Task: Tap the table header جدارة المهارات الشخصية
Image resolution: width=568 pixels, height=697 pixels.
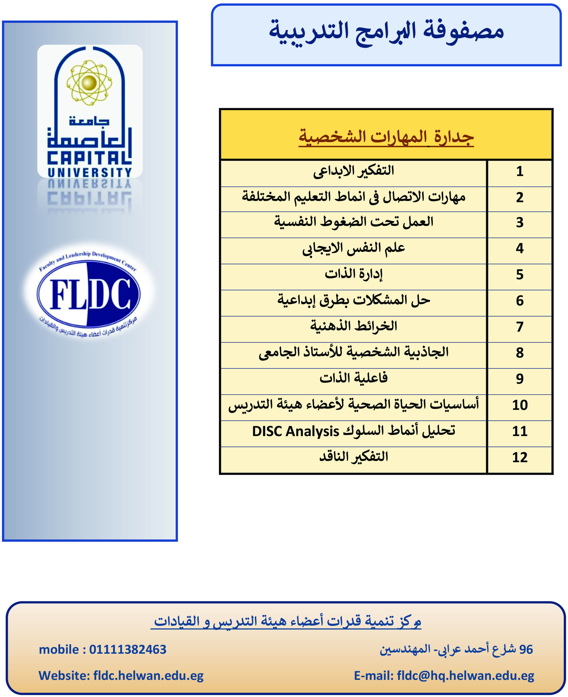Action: [x=386, y=137]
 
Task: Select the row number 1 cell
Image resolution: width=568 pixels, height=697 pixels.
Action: [x=520, y=171]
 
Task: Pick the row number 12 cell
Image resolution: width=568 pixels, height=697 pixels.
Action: [x=520, y=457]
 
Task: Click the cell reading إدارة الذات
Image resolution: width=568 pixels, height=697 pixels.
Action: [x=353, y=274]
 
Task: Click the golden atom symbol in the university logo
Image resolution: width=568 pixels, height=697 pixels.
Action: [x=89, y=82]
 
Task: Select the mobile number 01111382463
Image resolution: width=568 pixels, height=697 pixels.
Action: [x=128, y=650]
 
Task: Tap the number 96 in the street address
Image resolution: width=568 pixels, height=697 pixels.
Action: [x=526, y=650]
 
